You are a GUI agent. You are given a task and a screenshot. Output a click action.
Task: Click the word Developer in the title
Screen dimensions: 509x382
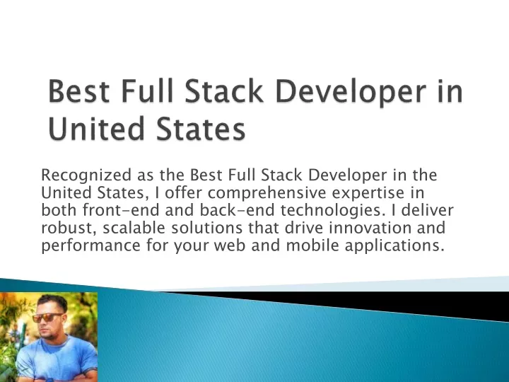351,92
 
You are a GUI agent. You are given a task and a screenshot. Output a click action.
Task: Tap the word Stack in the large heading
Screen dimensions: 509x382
223,91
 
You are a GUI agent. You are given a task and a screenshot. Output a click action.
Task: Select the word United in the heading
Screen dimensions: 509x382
96,128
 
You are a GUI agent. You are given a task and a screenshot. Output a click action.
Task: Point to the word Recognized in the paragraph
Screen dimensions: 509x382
86,175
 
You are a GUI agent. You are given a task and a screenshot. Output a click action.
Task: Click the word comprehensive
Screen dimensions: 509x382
267,193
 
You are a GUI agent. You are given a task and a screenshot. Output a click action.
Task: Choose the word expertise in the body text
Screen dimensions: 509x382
368,193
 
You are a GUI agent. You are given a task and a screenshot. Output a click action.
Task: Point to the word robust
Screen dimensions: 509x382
69,228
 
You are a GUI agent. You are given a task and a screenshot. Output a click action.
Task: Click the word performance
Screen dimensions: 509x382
90,245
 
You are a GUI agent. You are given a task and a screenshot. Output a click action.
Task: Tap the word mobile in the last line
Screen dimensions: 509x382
312,245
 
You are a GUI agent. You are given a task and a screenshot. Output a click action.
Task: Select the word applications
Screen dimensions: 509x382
394,245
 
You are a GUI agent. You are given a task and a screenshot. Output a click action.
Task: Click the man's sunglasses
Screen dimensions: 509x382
47,317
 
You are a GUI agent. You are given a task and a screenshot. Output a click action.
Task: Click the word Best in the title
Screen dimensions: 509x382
78,91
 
